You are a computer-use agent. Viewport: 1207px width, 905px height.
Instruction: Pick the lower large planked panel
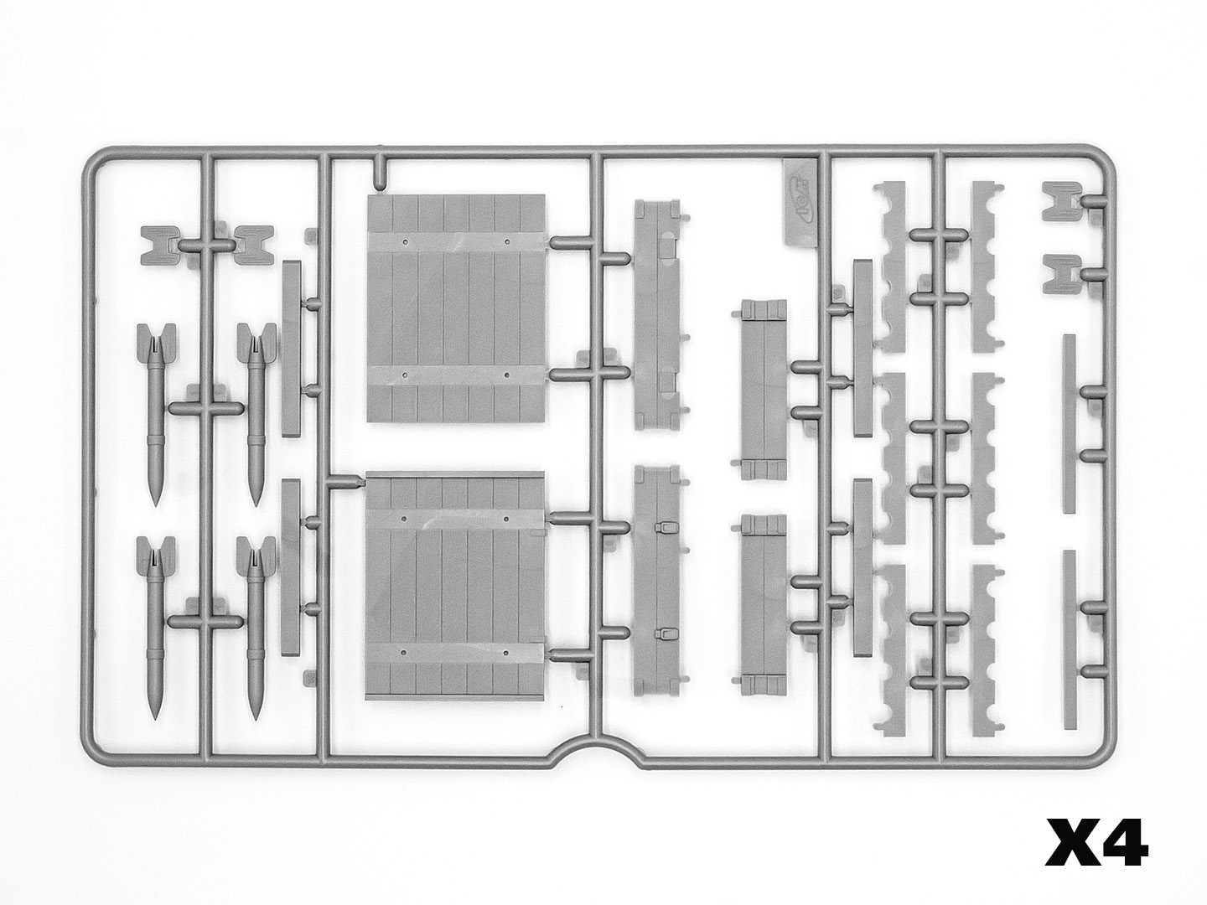457,587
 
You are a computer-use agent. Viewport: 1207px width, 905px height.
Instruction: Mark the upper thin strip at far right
1069,422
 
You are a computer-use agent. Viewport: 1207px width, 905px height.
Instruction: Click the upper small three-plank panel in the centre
763,390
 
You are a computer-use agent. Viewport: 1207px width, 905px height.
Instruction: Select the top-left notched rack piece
894,267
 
